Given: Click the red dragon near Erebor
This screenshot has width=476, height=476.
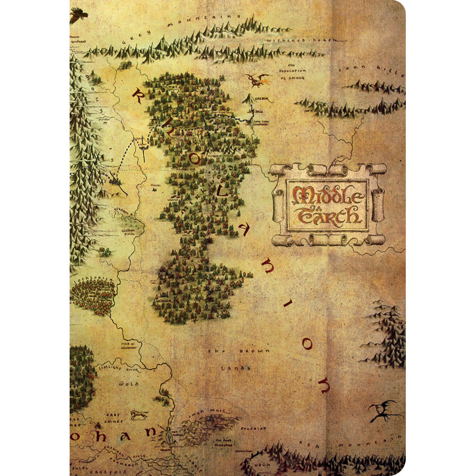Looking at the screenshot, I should click(x=257, y=79).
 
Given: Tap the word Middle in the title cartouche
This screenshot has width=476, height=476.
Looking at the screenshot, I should click(x=326, y=194).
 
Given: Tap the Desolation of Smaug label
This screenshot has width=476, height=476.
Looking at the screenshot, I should click(x=292, y=71).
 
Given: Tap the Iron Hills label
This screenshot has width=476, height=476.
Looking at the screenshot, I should click(x=372, y=68).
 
